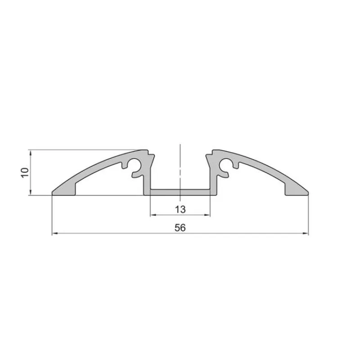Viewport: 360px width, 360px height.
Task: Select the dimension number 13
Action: [180, 209]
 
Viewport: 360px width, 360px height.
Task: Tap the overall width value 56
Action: [180, 228]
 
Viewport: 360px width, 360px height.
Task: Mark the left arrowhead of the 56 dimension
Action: [54, 234]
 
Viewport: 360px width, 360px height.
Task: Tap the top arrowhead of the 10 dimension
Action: [31, 152]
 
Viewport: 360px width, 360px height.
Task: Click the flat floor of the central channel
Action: [180, 192]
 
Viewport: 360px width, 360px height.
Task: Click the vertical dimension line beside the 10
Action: [31, 180]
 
